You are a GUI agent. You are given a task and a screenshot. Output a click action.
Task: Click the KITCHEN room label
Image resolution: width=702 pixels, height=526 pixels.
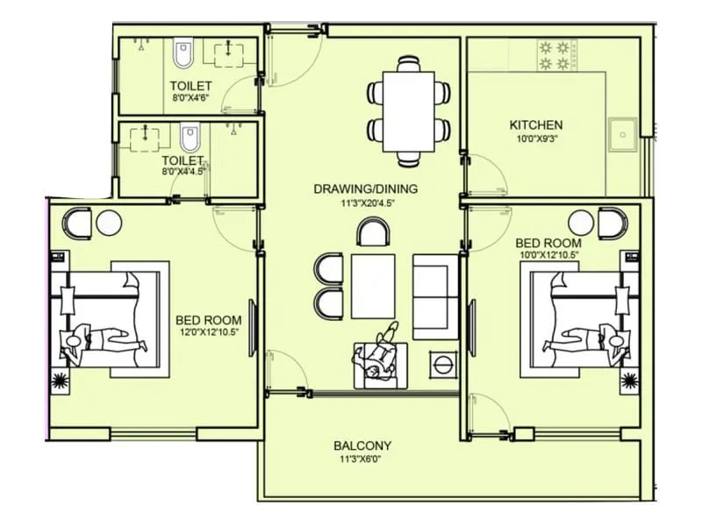click(535, 125)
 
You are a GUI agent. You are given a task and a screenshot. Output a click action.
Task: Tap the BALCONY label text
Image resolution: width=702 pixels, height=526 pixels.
click(362, 445)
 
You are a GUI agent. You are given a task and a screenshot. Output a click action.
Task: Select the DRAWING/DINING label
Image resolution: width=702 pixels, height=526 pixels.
click(365, 188)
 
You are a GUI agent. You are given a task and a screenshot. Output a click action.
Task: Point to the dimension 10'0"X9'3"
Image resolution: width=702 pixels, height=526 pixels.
click(535, 139)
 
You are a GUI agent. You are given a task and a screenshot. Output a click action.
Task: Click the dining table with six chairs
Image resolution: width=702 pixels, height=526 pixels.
click(409, 110)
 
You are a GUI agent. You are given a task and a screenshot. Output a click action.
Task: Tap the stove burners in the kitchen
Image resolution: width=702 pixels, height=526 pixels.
click(555, 54)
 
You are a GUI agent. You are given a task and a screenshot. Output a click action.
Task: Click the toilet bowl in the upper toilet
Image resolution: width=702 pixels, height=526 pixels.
click(183, 54)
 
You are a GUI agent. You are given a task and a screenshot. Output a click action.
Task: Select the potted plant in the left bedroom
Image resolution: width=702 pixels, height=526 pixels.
click(61, 380)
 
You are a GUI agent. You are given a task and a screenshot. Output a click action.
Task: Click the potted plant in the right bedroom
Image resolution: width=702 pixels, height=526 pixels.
click(628, 380)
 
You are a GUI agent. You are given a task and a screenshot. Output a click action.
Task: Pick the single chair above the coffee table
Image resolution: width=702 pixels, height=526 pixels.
click(374, 231)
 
